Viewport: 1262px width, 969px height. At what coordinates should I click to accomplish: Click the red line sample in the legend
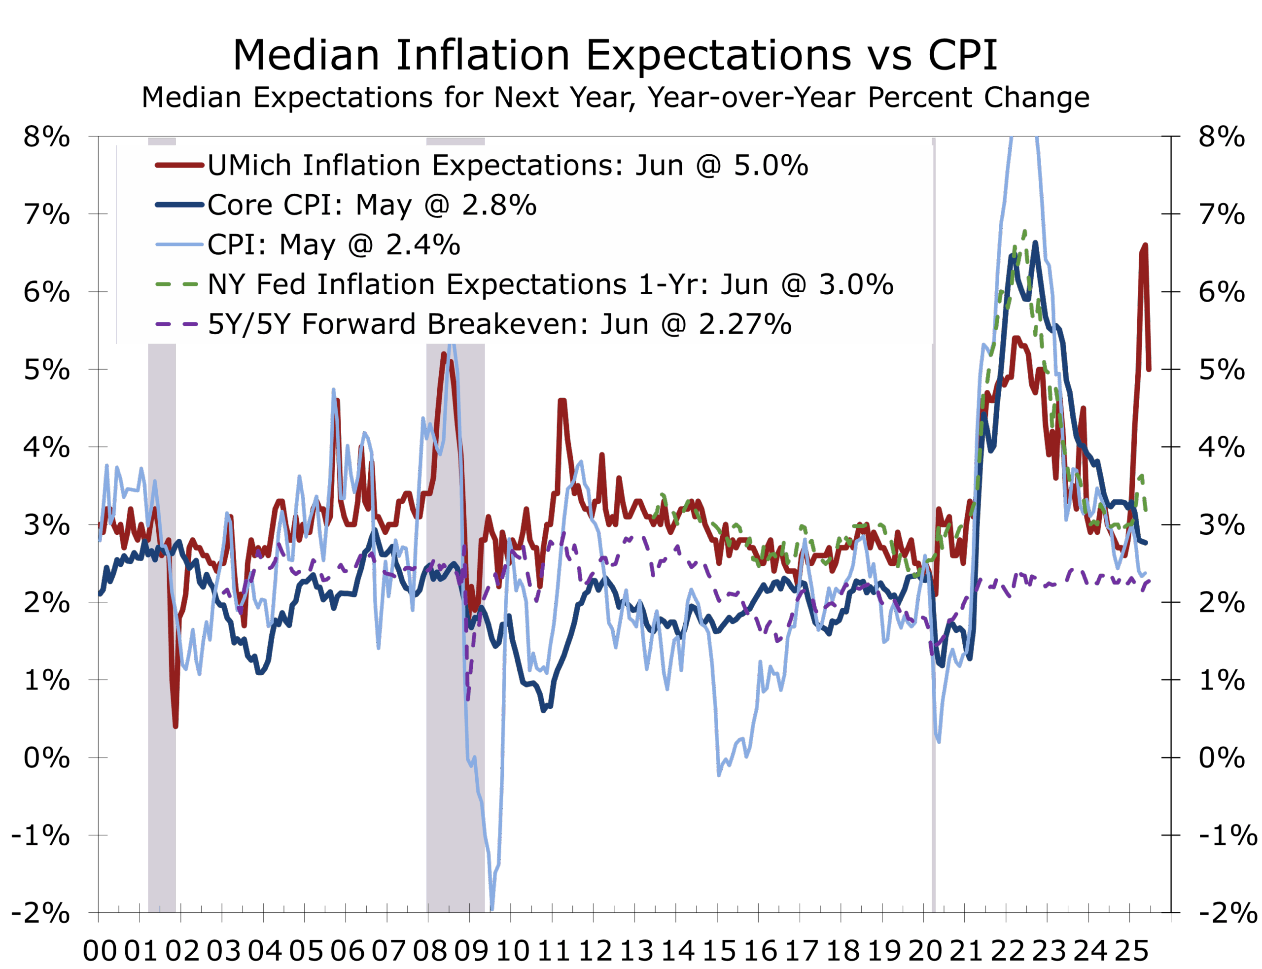(x=179, y=165)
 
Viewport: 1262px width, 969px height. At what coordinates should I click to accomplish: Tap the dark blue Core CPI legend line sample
(x=179, y=205)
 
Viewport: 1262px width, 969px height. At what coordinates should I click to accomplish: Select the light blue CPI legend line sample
(x=179, y=244)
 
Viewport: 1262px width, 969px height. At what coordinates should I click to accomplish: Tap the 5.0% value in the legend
(x=771, y=166)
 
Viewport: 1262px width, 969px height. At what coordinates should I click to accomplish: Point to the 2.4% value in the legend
(x=423, y=245)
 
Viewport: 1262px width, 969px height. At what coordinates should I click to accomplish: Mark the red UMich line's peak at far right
(x=1144, y=246)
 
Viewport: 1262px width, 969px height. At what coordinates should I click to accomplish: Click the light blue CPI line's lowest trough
(x=492, y=909)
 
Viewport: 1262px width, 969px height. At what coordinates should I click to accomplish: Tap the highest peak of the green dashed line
(x=1024, y=232)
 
